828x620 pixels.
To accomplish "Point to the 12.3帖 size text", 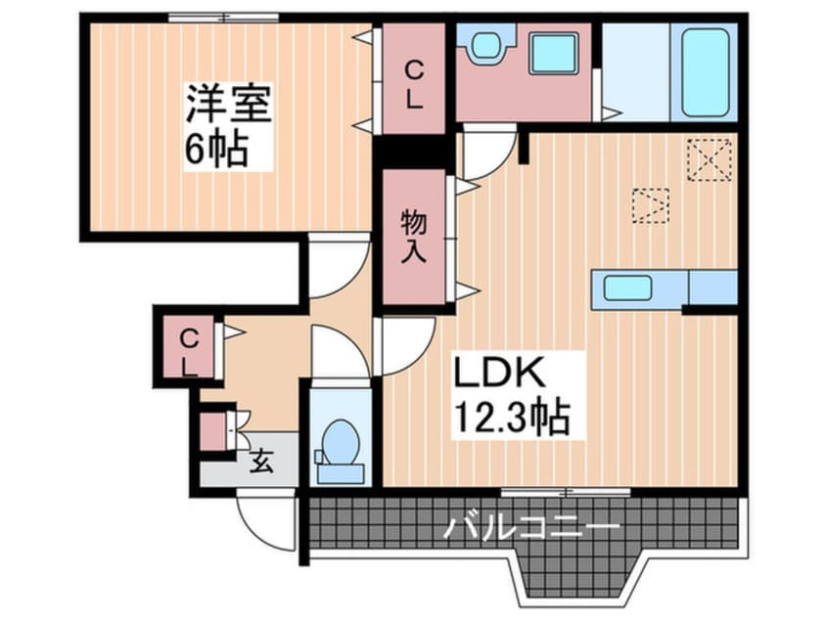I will coord(511,420).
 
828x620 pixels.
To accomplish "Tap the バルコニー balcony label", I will coord(531,529).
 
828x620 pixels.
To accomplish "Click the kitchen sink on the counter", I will coord(627,288).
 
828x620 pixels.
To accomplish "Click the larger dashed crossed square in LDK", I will coord(709,160).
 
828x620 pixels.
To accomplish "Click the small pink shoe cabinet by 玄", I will coord(213,431).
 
